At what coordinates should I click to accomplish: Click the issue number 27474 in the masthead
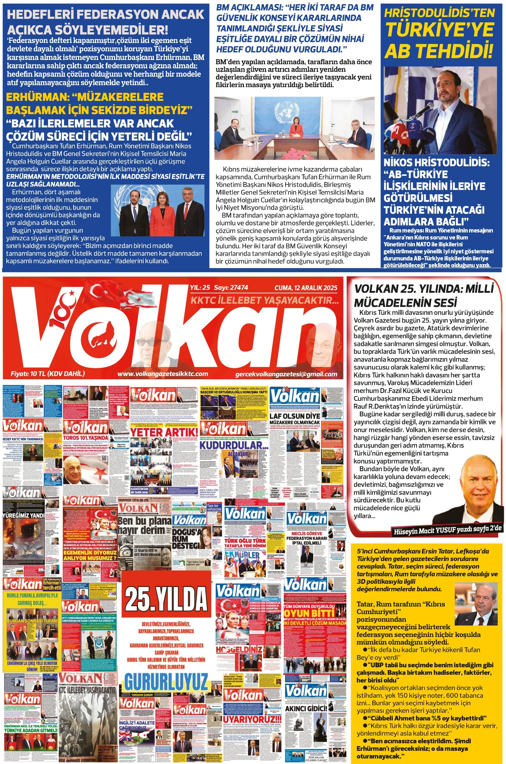(237, 288)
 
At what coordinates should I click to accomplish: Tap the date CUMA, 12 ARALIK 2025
(306, 288)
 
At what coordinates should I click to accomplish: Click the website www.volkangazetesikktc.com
(163, 374)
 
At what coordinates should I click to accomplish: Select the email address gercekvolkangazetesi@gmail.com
(286, 374)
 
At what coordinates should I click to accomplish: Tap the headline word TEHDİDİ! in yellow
(439, 51)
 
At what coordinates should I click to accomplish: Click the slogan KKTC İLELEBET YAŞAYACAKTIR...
(265, 301)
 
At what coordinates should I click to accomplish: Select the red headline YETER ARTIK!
(164, 432)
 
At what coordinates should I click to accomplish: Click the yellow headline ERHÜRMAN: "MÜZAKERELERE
(85, 97)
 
